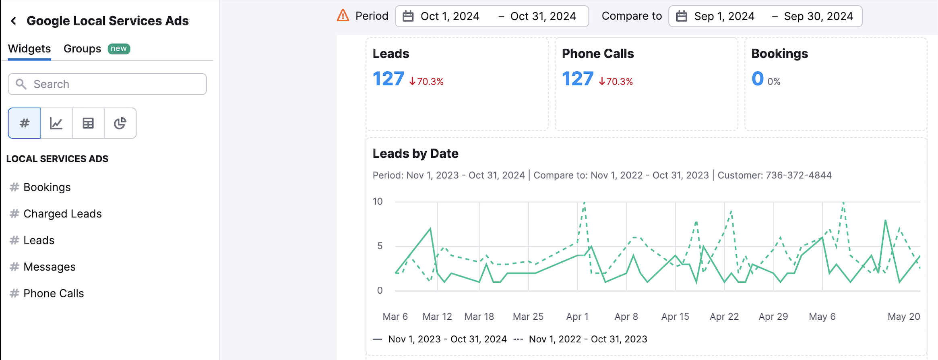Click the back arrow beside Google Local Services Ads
(x=14, y=21)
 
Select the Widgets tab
(x=29, y=49)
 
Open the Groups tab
(x=82, y=49)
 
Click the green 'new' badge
(x=119, y=49)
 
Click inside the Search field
(x=113, y=84)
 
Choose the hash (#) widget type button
(x=25, y=123)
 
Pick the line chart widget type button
(x=56, y=123)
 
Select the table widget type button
(x=88, y=123)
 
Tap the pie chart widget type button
(x=120, y=123)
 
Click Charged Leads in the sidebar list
(x=62, y=214)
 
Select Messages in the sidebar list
(x=50, y=267)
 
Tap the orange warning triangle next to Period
(x=343, y=16)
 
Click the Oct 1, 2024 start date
(x=450, y=17)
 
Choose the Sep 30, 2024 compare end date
(x=818, y=17)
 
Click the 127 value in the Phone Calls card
(x=578, y=79)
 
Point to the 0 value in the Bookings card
(x=758, y=79)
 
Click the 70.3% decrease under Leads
(x=427, y=82)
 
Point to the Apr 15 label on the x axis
(x=675, y=317)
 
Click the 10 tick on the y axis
(x=378, y=201)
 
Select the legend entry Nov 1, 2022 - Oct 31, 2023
(x=588, y=339)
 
